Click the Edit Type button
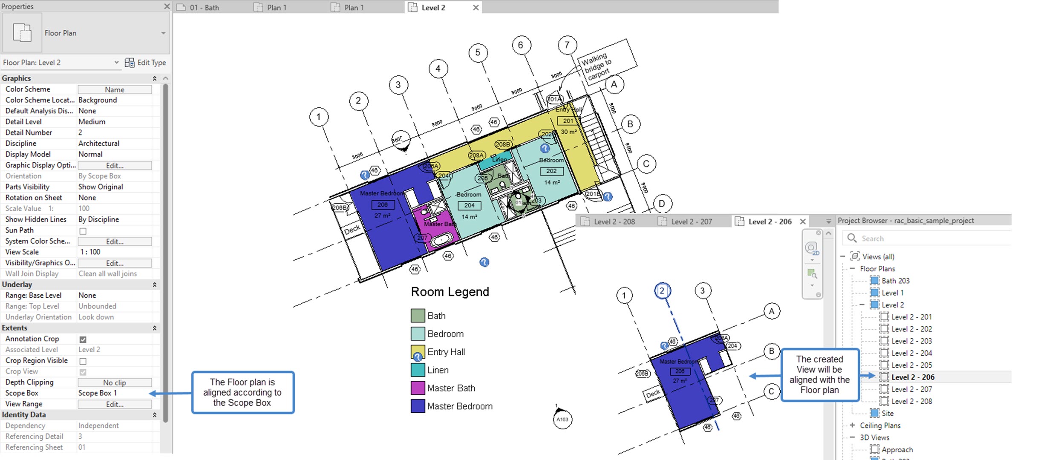146,63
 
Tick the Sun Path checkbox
83,231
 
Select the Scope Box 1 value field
114,393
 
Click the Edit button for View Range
115,404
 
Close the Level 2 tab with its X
476,8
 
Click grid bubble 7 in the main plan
567,45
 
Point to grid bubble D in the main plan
661,204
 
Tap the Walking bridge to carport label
597,66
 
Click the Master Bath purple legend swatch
418,388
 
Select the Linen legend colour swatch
418,370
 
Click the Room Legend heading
450,292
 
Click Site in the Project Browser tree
888,414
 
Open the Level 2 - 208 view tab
614,222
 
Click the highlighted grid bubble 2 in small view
662,291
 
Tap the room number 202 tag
551,171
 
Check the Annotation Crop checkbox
83,339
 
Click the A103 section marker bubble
562,420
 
